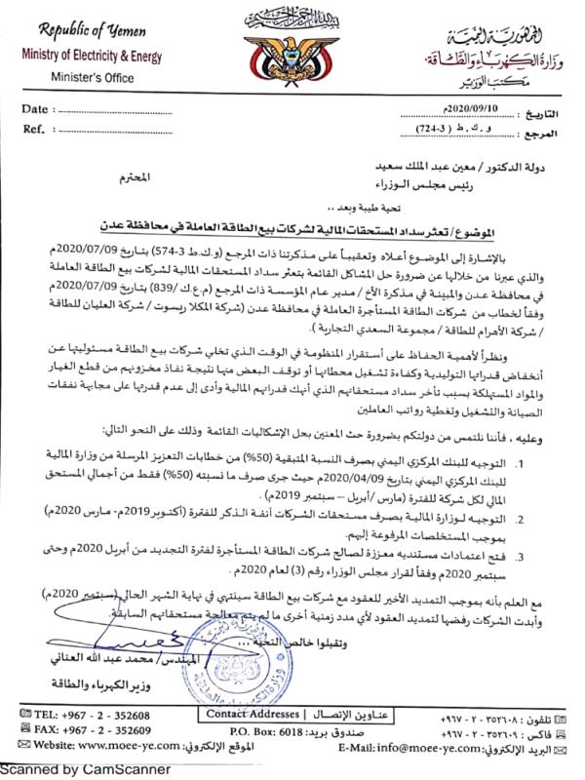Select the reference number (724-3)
[x=436, y=130]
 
